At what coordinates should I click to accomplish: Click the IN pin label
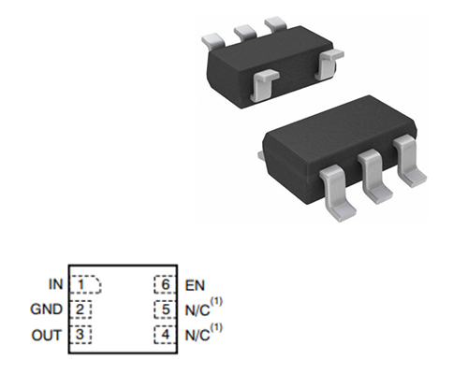click(56, 284)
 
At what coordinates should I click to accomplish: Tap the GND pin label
click(47, 309)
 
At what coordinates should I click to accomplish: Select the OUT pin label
click(46, 335)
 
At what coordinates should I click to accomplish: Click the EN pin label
click(195, 285)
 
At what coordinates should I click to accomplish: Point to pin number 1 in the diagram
click(80, 284)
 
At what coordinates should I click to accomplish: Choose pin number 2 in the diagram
click(80, 309)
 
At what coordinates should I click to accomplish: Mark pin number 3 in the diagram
click(80, 334)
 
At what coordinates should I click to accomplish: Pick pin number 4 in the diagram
click(166, 335)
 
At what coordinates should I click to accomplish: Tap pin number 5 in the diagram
click(166, 309)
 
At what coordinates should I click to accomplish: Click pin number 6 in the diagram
click(166, 284)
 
